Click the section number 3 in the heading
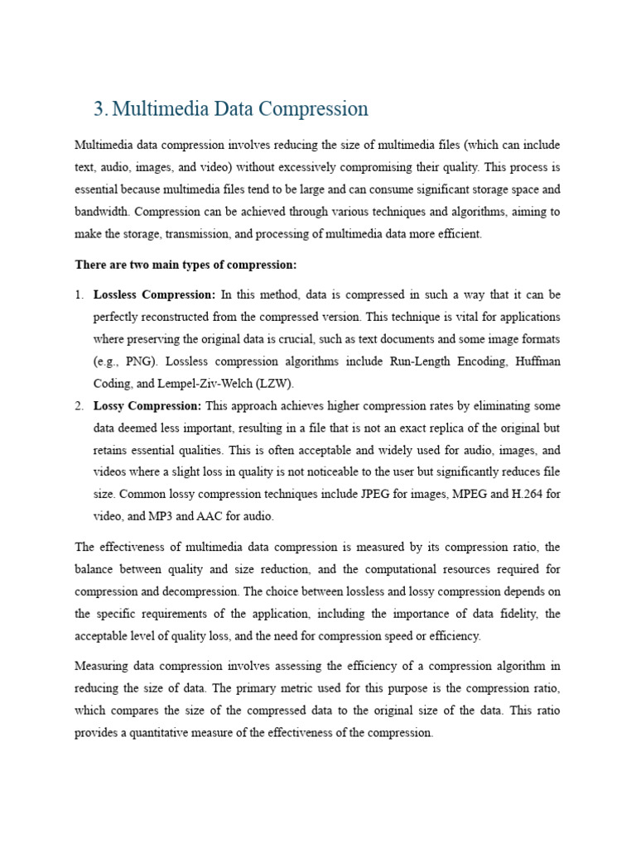[99, 109]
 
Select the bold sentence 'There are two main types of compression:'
[185, 265]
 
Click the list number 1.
[79, 294]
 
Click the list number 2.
[79, 406]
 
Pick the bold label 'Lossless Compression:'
[154, 294]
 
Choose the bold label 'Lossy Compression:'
[147, 406]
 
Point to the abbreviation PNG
[142, 361]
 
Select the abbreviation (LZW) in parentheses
[274, 384]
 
